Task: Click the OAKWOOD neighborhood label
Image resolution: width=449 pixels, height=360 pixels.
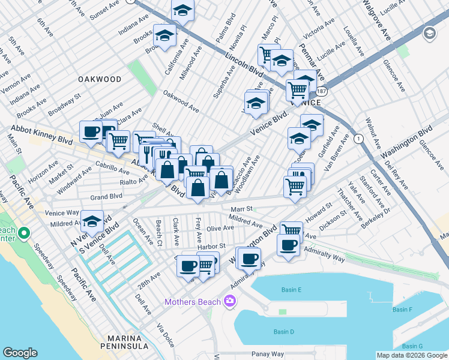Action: (x=99, y=79)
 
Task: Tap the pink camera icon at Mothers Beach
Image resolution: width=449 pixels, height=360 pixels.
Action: (x=229, y=301)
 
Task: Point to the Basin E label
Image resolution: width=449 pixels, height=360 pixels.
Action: (x=291, y=290)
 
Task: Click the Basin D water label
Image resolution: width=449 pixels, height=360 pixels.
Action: (x=283, y=332)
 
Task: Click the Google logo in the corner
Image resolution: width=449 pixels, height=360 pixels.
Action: (x=20, y=353)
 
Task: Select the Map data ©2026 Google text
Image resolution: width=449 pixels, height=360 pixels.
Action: (x=412, y=355)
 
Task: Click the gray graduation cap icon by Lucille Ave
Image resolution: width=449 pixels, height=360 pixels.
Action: (x=429, y=34)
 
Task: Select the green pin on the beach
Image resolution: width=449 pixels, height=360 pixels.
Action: (x=24, y=232)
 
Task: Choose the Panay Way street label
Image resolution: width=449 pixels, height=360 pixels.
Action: (x=267, y=354)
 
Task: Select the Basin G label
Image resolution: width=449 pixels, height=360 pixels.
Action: (x=412, y=346)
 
